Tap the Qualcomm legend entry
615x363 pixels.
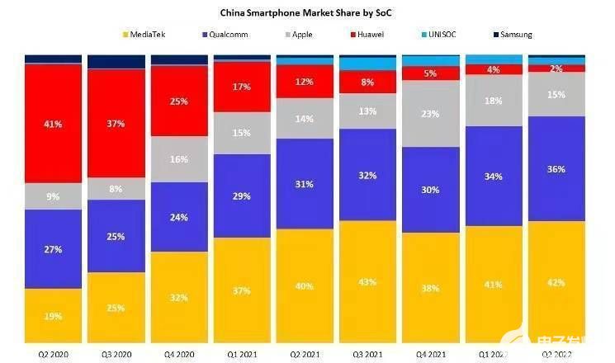pyautogui.click(x=224, y=35)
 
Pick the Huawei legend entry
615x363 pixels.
pyautogui.click(x=372, y=35)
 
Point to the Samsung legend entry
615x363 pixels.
pyautogui.click(x=511, y=35)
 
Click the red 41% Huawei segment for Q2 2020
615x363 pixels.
pyautogui.click(x=53, y=123)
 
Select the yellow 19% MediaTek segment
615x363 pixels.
pyautogui.click(x=53, y=315)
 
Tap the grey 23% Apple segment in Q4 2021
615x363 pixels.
pyautogui.click(x=430, y=114)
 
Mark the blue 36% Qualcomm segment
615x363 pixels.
pyautogui.click(x=556, y=168)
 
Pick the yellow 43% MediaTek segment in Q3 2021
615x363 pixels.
pyautogui.click(x=367, y=281)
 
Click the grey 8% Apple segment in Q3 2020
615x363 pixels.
pyautogui.click(x=116, y=189)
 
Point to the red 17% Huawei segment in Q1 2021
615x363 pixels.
pyautogui.click(x=242, y=87)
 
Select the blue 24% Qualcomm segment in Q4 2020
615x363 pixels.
pyautogui.click(x=179, y=217)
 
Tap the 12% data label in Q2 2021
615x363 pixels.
pyautogui.click(x=305, y=82)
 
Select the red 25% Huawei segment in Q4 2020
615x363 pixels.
pyautogui.click(x=179, y=101)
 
